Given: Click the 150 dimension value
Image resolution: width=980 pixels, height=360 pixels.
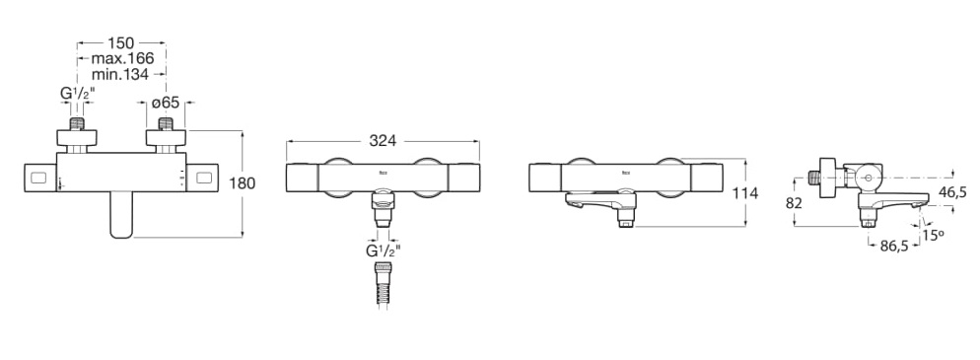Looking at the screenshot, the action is pos(120,43).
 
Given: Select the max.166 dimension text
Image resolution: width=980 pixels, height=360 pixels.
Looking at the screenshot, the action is pos(122,59).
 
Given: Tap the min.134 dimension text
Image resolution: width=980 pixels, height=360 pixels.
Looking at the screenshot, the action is pos(119,74).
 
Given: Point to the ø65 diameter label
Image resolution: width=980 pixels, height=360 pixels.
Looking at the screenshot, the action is pos(165,102).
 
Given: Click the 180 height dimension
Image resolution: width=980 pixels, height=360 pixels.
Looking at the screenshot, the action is pos(243,183).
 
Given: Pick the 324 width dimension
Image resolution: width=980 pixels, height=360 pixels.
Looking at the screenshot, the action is pos(383,141).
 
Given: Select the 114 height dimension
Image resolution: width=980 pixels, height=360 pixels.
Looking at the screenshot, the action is pos(745,193).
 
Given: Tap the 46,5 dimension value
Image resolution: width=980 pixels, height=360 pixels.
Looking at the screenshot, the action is pos(952,192).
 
